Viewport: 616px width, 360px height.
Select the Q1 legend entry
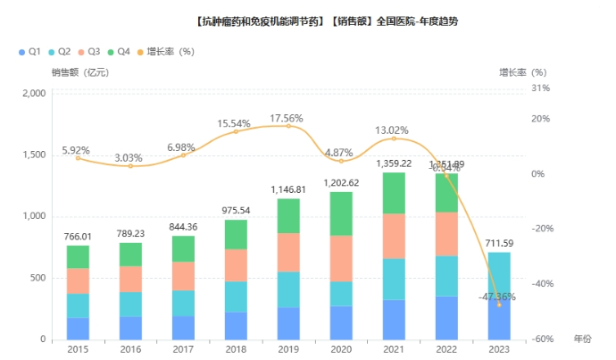29,51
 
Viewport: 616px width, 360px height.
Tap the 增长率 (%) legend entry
164,51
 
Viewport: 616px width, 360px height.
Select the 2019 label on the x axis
288,350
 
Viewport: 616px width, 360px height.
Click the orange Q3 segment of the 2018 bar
236,265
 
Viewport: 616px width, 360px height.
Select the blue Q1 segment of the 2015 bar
78,328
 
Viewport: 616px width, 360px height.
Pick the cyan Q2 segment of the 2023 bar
499,276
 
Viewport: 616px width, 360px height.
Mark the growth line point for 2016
130,166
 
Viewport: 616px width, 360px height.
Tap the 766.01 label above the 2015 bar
79,237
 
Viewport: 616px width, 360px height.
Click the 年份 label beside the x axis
582,339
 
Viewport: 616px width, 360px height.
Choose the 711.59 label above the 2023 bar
500,243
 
